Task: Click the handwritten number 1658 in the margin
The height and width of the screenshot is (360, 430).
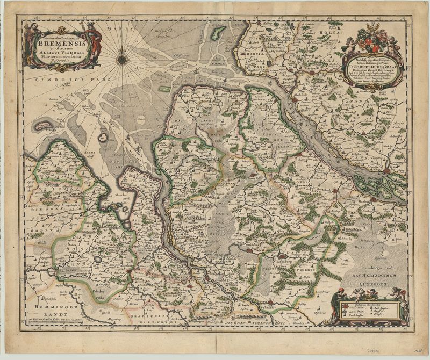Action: point(411,349)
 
